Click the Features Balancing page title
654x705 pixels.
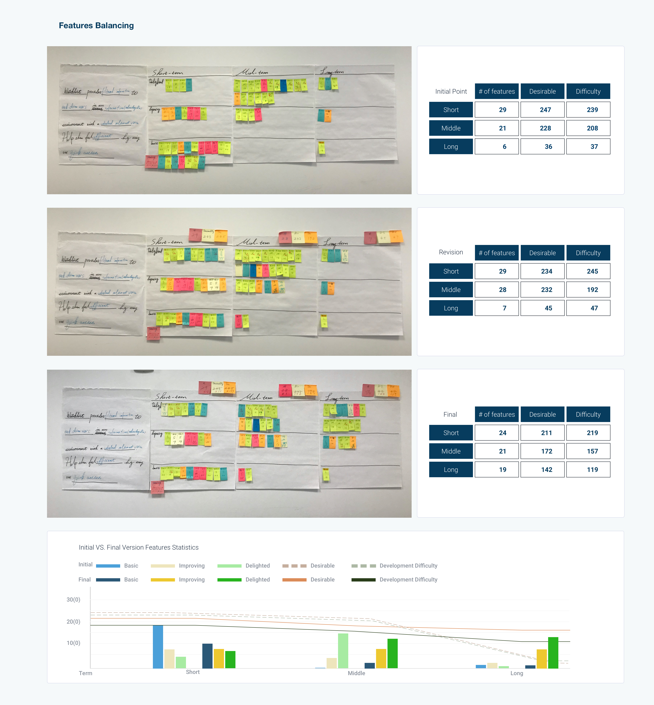(x=96, y=26)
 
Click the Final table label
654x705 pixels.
(x=450, y=414)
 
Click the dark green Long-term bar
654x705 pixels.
(x=553, y=653)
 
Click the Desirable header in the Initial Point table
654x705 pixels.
(x=542, y=91)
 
